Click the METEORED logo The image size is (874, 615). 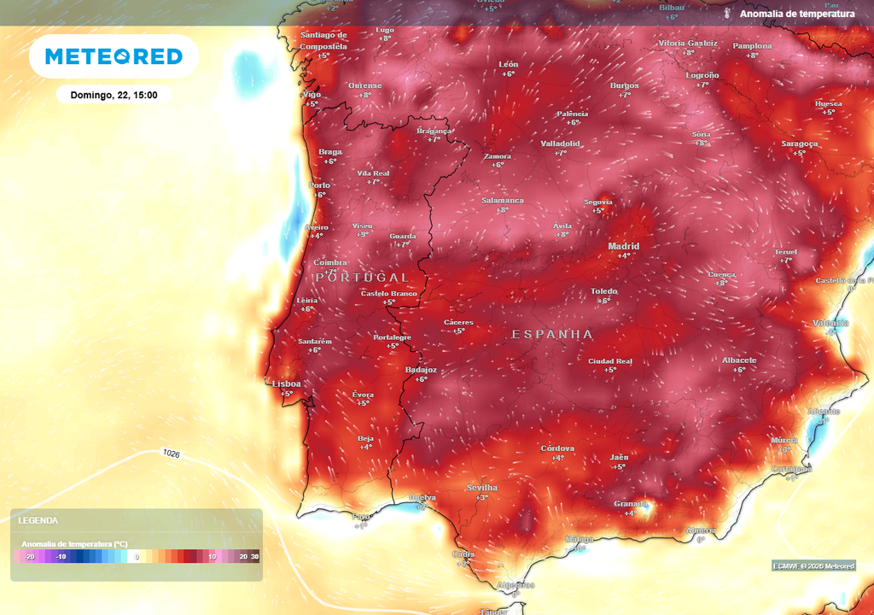[114, 56]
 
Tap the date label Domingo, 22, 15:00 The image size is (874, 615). [114, 95]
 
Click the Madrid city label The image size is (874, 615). [623, 247]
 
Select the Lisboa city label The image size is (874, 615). [286, 384]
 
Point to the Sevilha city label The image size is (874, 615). [481, 488]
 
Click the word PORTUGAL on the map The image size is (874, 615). [362, 278]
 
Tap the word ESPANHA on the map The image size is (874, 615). [552, 335]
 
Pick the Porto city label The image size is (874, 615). [319, 185]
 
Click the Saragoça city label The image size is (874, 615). [800, 143]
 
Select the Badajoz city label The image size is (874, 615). [421, 370]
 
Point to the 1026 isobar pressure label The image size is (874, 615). [171, 454]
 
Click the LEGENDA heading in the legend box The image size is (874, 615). [38, 520]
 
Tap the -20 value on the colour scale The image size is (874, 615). [30, 557]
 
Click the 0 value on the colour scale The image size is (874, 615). [137, 557]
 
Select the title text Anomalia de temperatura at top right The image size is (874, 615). [796, 14]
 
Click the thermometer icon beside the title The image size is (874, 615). [727, 14]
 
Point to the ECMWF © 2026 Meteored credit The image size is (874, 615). [813, 566]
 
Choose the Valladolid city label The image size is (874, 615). [560, 143]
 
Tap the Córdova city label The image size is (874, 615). [557, 448]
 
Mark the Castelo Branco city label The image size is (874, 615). [388, 293]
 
